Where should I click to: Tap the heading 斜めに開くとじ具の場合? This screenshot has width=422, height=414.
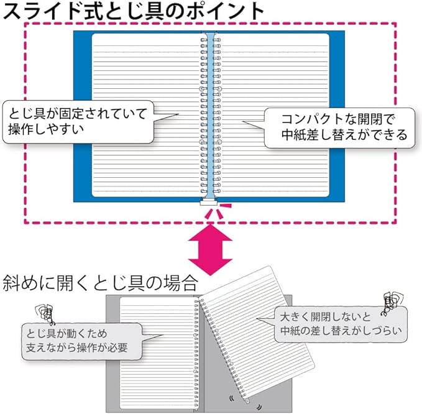pos(100,283)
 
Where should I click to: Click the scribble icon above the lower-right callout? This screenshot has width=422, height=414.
pos(390,300)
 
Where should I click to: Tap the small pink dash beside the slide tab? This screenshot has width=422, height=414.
pos(227,205)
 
